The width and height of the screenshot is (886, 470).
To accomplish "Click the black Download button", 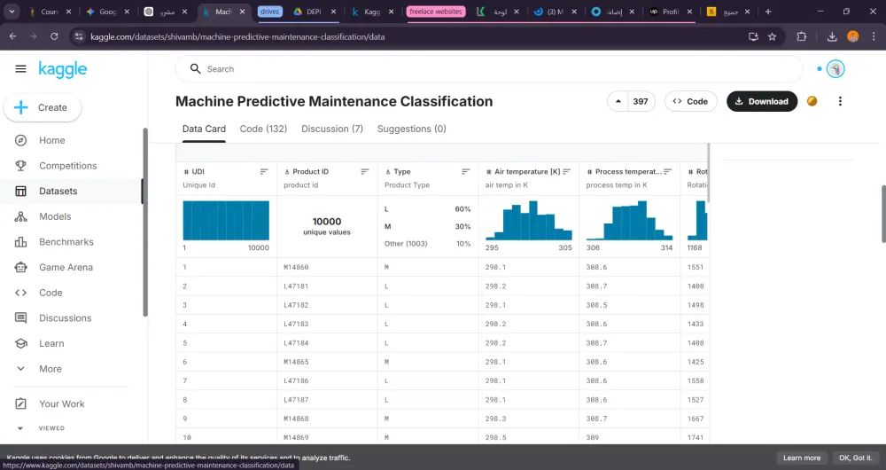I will pos(761,101).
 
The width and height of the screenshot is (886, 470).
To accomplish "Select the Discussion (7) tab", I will pos(332,129).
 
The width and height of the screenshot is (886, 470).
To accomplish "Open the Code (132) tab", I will pos(263,129).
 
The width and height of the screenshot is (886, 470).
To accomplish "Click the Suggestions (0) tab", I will pos(411,129).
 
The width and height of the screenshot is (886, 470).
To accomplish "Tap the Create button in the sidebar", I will pos(43,107).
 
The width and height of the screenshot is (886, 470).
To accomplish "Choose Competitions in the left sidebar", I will pos(67,166).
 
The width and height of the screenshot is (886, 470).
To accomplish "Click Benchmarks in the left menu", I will pos(66,242).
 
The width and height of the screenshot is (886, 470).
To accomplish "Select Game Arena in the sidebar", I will pos(66,267).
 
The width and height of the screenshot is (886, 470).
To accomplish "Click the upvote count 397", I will pos(640,101).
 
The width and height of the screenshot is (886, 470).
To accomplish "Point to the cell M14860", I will pos(296,267).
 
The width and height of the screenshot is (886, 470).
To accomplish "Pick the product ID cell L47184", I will pos(296,342).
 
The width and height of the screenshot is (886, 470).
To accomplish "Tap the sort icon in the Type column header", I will pos(466,171).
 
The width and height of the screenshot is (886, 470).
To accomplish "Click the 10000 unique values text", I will pos(327,226).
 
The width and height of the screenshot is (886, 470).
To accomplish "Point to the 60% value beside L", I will pos(462,209).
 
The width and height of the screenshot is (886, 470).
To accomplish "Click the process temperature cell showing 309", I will pos(592,437).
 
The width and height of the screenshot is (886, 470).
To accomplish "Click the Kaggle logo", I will pos(63,69).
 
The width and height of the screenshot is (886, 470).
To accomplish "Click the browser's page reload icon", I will pos(54,36).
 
